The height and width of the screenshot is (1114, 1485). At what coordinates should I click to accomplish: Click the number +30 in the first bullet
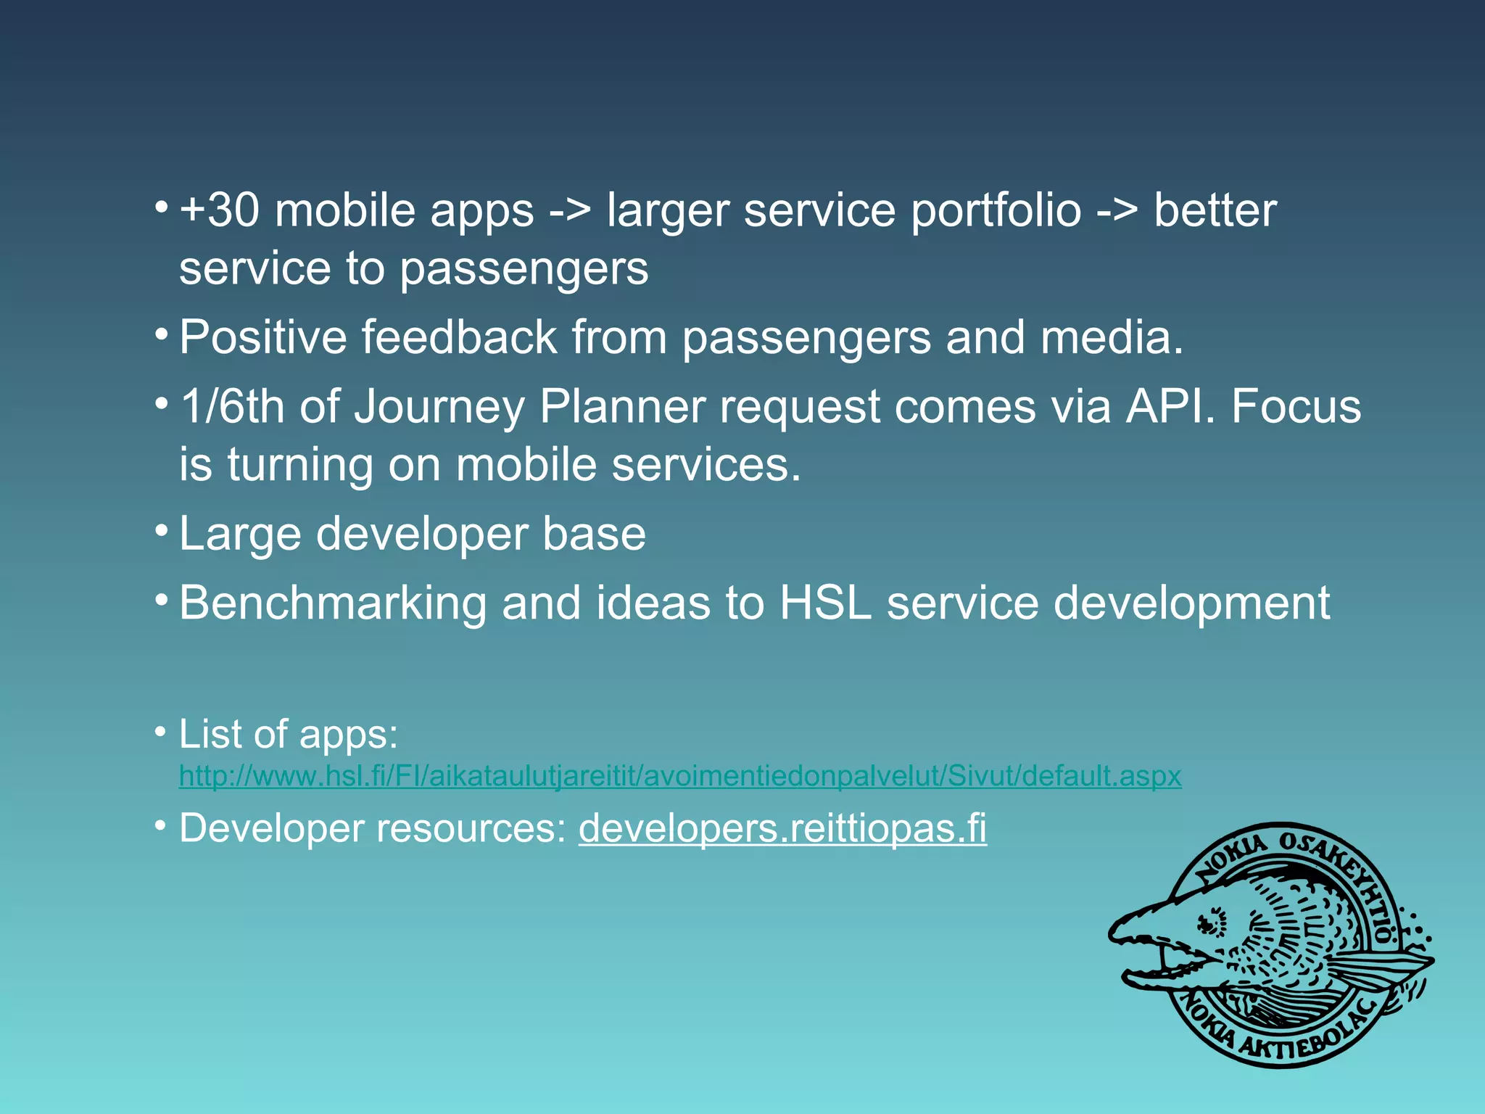tap(219, 211)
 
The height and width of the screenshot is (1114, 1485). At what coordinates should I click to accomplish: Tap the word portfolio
tap(996, 211)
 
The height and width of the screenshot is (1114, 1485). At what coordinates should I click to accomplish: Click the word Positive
tap(262, 337)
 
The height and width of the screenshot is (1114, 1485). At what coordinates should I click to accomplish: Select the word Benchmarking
tap(333, 603)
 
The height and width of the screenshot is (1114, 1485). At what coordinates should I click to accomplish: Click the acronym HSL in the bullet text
tap(825, 603)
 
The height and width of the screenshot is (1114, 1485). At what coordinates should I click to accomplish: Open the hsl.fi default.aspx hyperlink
tap(679, 776)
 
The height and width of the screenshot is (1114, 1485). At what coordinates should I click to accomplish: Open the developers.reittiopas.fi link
tap(782, 828)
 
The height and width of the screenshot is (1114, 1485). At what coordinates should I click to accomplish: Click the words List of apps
tap(288, 734)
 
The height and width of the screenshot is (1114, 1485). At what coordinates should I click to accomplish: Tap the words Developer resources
tap(372, 828)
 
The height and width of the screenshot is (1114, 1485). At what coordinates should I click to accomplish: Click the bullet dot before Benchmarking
tap(162, 600)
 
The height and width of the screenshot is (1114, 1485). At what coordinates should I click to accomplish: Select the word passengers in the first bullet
tap(524, 270)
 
